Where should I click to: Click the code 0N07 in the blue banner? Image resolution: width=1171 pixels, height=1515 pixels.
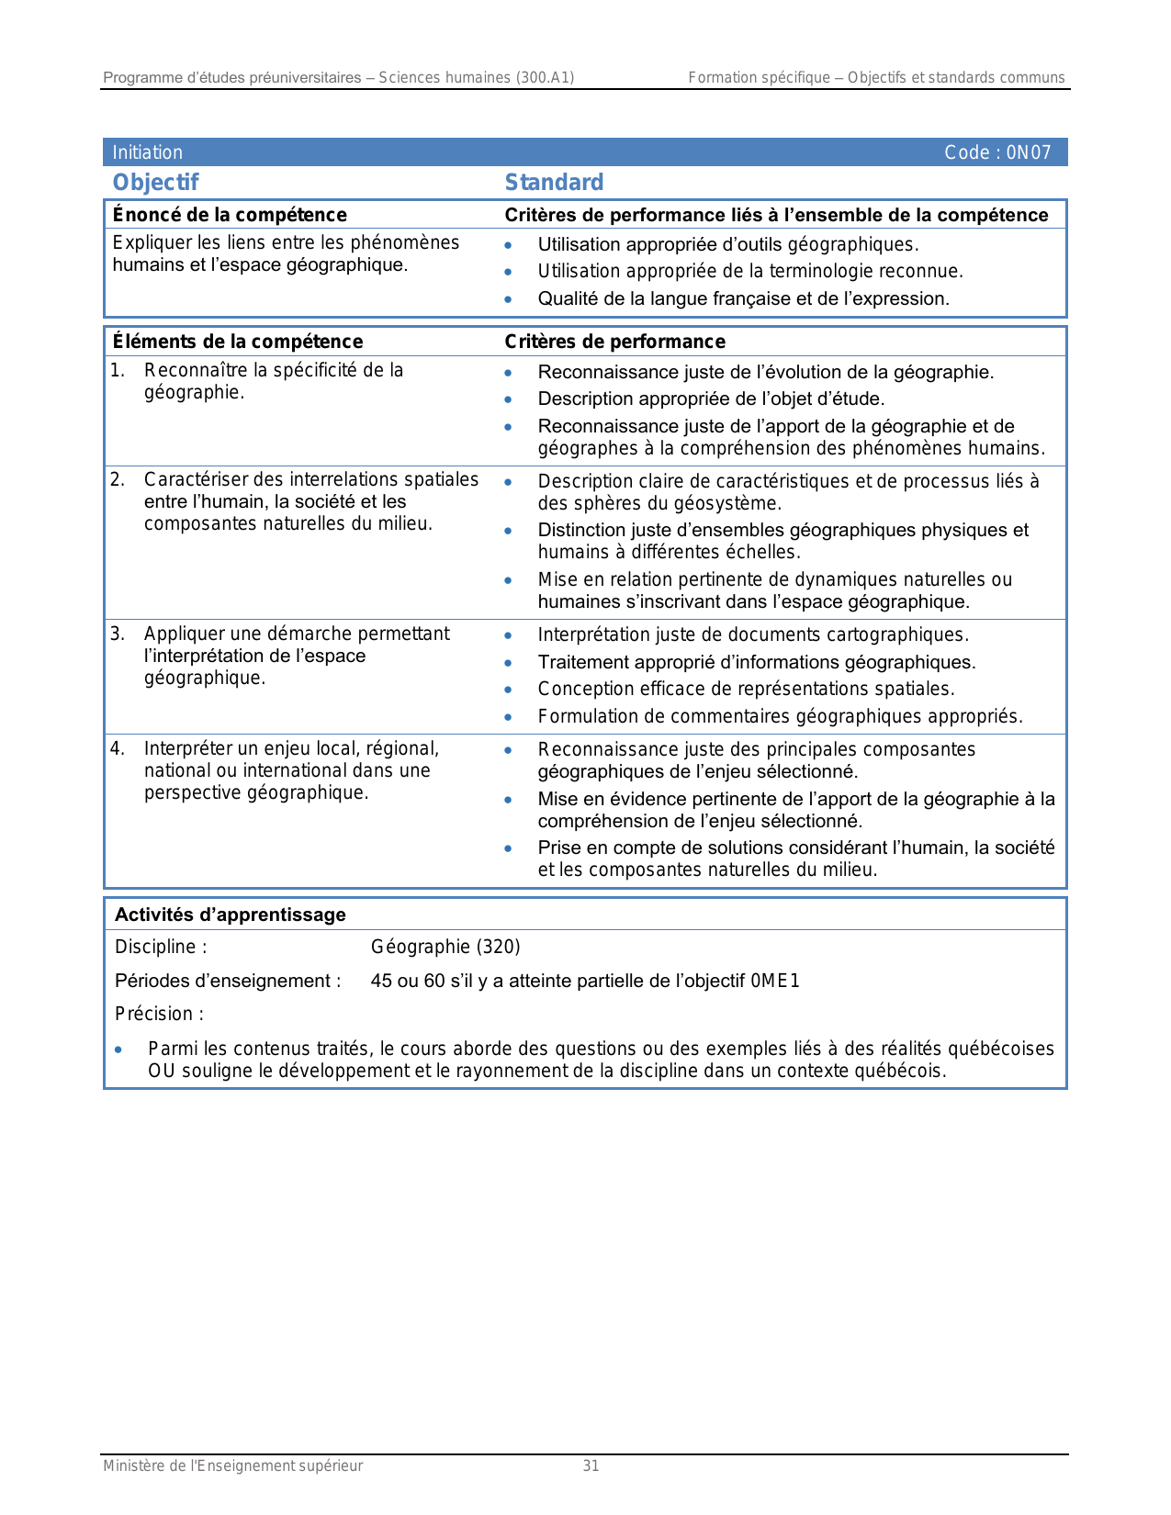[1028, 153]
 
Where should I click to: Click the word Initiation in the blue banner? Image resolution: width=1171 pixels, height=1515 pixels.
[148, 153]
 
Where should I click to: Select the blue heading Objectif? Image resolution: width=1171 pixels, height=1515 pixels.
[155, 183]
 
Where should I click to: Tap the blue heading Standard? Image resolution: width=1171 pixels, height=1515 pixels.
[554, 183]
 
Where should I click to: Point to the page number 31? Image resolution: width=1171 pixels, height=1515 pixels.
[591, 1466]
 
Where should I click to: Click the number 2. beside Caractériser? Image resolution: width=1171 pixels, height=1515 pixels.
[118, 479]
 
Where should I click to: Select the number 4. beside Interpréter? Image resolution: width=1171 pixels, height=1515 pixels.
[118, 748]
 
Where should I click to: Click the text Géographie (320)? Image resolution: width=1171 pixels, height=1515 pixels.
[445, 947]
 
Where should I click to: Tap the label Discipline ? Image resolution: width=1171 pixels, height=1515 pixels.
[161, 947]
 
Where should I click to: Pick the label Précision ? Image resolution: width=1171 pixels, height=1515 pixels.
[159, 1014]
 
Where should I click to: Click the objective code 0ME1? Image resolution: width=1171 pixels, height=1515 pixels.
[775, 981]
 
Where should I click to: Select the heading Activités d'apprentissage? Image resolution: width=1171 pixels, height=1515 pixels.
[231, 915]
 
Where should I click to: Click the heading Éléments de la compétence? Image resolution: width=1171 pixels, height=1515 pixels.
[238, 342]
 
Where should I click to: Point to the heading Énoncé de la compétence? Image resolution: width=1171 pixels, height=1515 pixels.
[230, 215]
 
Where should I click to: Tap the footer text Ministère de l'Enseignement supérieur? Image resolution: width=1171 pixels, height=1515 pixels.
[232, 1466]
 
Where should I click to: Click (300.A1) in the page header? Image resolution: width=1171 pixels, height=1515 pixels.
[545, 78]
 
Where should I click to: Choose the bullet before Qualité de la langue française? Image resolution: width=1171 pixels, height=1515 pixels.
[508, 299]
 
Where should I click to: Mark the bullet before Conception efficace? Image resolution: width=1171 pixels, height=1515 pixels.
[508, 690]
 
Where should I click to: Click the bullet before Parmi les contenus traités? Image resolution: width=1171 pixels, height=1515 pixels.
[118, 1049]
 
